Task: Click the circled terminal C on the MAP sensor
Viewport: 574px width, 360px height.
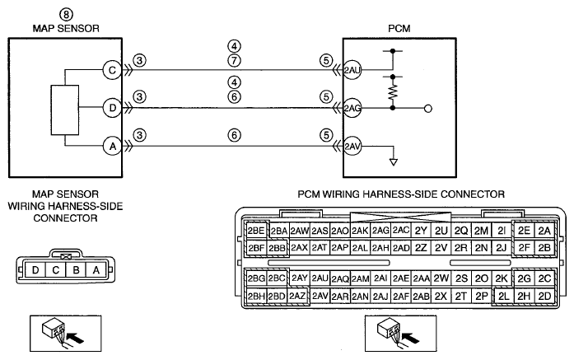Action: coord(112,70)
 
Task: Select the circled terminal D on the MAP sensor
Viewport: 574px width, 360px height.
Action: coord(112,108)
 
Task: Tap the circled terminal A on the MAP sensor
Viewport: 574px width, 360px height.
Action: coord(112,147)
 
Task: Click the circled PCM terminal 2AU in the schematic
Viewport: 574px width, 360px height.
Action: coord(352,70)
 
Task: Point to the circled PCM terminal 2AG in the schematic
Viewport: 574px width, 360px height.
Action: coord(352,108)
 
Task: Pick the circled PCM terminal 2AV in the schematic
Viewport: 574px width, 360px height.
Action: coord(352,147)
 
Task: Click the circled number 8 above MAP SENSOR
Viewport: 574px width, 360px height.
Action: coord(66,15)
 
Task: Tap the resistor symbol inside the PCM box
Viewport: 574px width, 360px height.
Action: coord(393,92)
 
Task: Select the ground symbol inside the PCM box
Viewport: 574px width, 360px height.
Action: coord(394,161)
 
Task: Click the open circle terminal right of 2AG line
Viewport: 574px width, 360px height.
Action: coord(428,109)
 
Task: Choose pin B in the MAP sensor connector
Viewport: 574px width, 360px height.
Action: coord(76,270)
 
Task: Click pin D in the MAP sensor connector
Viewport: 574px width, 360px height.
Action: coord(35,270)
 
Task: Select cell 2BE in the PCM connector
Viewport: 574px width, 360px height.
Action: coord(256,231)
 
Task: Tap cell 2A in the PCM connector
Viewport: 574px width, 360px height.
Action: coord(544,231)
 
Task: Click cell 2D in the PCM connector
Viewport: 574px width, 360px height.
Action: coord(544,296)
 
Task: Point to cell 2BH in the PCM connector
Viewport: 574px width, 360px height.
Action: coord(256,296)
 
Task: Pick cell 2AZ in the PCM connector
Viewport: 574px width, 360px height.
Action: coord(297,296)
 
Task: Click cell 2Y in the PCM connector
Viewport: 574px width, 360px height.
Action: coord(421,231)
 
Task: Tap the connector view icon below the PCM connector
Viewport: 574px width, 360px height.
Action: coord(400,334)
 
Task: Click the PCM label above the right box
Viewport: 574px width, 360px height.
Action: coord(399,29)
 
